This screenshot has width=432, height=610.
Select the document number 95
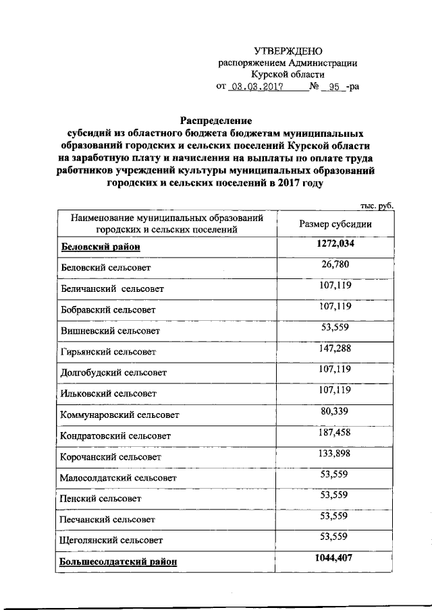click(332, 87)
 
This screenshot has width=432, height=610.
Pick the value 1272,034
click(335, 245)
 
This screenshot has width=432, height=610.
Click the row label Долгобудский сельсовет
click(114, 372)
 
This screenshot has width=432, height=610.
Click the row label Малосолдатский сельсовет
click(118, 478)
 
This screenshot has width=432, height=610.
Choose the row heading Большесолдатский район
click(119, 561)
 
